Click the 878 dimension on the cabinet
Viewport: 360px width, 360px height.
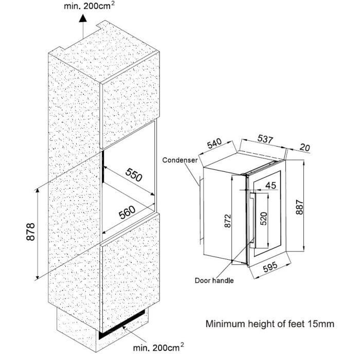[x=30, y=231]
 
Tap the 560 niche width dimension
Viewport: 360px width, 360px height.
[x=127, y=212]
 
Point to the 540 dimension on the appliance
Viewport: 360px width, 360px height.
[x=214, y=143]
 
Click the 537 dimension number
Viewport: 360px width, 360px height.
[x=265, y=139]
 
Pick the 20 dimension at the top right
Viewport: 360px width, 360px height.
[x=305, y=147]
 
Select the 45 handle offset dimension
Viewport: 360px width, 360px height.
[x=271, y=185]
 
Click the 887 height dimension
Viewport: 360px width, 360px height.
[x=300, y=207]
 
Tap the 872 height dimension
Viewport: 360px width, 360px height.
[x=227, y=221]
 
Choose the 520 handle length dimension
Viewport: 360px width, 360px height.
[x=264, y=219]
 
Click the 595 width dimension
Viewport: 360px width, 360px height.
[x=270, y=267]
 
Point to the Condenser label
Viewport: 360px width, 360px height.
[x=180, y=160]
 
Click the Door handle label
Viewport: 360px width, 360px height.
[x=214, y=280]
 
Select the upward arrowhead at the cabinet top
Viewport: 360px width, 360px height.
[x=83, y=18]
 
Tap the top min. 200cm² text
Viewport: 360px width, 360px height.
[x=89, y=6]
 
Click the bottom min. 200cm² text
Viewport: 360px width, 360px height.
[x=158, y=347]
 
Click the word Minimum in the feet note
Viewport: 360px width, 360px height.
[x=225, y=323]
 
